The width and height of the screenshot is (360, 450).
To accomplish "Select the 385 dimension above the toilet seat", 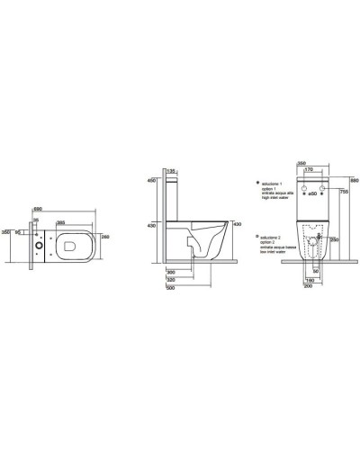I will (x=59, y=220).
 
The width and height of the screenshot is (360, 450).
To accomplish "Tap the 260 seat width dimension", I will (x=106, y=238).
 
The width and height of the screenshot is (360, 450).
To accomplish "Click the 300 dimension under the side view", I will (x=169, y=272).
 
